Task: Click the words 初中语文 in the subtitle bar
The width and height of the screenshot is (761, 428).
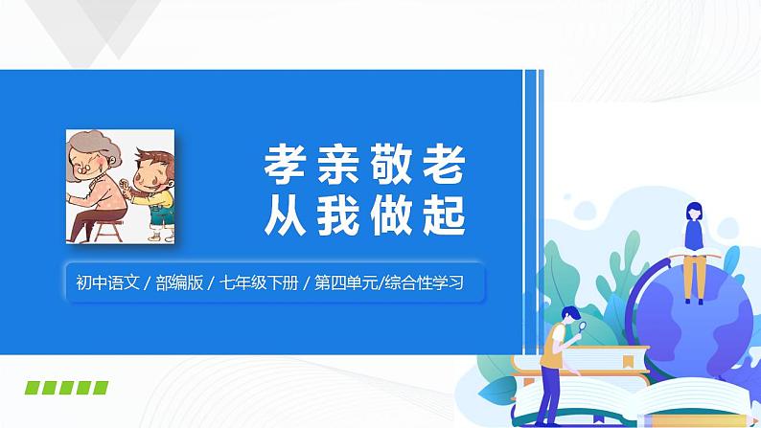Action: click(x=108, y=282)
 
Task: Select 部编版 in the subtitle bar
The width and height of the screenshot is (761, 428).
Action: click(x=183, y=282)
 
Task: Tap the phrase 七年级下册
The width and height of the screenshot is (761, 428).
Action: click(x=255, y=282)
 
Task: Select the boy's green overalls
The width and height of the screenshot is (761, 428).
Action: click(x=164, y=214)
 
